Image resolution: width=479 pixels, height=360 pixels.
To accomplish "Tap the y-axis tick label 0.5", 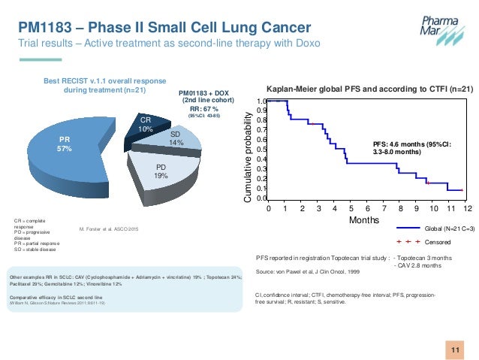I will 261,150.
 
